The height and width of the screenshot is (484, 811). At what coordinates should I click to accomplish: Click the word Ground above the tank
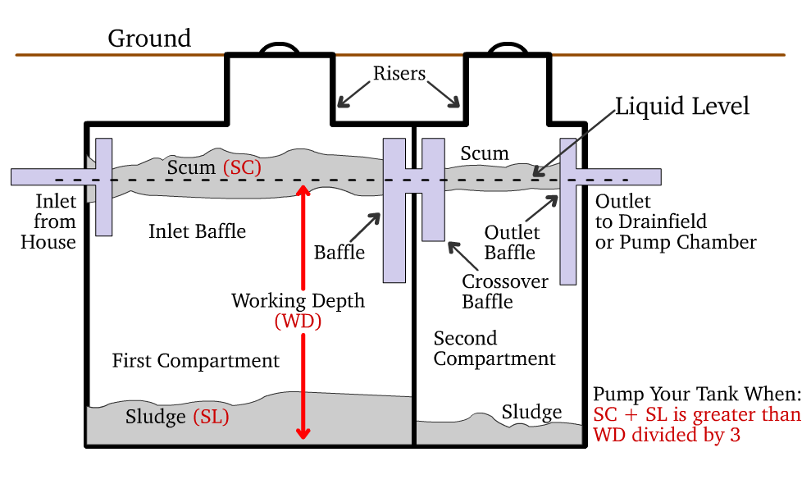pos(149,39)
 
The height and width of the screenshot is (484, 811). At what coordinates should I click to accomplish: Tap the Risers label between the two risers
pos(399,74)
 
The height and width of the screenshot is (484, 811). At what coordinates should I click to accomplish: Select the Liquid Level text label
pos(682,107)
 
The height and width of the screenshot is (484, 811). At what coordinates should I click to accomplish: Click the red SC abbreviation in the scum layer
pos(242,167)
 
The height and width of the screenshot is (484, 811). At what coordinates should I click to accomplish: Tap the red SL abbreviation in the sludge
pos(211,417)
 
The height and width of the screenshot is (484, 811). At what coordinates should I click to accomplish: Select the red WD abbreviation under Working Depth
pos(298,322)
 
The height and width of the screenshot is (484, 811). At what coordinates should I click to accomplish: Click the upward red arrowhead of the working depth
pos(303,192)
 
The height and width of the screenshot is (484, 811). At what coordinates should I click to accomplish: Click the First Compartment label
pos(196,361)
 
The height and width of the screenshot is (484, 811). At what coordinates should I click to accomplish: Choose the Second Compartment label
pos(494,349)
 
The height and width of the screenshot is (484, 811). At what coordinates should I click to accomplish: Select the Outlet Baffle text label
pos(510,243)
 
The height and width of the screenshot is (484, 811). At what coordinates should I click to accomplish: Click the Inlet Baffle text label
pos(197,231)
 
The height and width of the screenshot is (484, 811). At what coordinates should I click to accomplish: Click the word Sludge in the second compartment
pos(531,412)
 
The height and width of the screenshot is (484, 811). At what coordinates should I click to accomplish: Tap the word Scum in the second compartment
pos(484,153)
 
